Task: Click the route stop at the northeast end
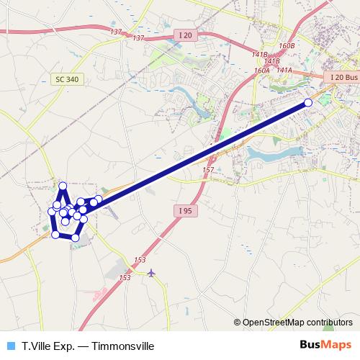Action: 308,102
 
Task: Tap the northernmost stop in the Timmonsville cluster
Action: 63,186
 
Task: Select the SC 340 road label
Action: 66,79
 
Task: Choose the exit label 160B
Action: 287,46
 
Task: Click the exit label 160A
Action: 261,71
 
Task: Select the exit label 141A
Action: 284,70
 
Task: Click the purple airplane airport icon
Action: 150,273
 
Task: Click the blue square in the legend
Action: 10,346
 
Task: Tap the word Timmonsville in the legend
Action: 123,346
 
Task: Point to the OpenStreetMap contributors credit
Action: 297,323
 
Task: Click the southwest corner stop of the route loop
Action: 55,234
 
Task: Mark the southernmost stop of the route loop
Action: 75,238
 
